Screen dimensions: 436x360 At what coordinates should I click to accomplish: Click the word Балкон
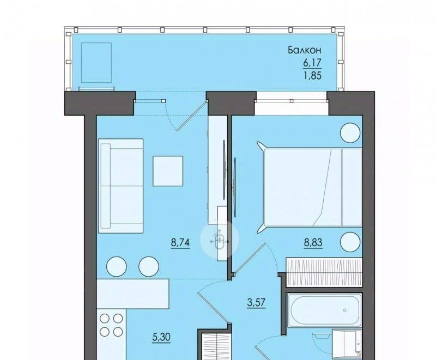(305, 50)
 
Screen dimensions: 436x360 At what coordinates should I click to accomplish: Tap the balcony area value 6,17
(312, 63)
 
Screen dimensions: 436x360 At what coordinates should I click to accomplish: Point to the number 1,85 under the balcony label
(313, 75)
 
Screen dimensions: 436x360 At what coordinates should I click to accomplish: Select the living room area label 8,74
(180, 243)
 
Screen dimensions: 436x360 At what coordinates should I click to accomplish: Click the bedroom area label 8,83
(313, 242)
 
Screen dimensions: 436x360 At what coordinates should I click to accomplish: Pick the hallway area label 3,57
(256, 302)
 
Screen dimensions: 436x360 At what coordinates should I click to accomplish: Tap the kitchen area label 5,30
(161, 337)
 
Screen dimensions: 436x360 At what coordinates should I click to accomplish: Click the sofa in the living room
(120, 186)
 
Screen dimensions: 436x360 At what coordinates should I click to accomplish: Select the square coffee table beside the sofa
(168, 171)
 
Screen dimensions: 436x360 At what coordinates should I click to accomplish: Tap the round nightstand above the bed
(350, 133)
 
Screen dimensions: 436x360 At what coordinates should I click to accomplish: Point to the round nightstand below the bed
(350, 242)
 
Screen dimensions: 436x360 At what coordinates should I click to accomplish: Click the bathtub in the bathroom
(325, 310)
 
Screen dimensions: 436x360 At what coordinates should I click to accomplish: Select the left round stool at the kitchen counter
(117, 266)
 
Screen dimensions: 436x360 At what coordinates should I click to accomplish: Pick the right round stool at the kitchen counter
(149, 266)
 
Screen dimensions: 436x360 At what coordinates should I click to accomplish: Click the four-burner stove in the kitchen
(111, 325)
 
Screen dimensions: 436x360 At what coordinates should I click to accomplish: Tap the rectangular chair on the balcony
(96, 63)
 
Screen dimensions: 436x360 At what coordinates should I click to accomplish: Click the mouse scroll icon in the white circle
(220, 241)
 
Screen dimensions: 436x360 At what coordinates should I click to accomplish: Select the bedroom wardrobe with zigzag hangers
(324, 272)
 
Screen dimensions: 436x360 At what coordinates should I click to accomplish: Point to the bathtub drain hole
(345, 310)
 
